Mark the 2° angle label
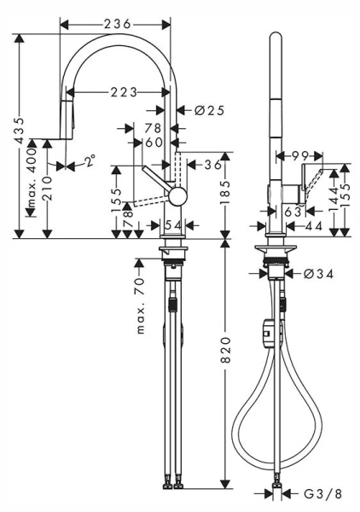click(x=90, y=159)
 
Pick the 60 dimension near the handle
click(x=154, y=143)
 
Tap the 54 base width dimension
click(x=172, y=224)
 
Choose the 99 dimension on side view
click(x=298, y=154)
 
